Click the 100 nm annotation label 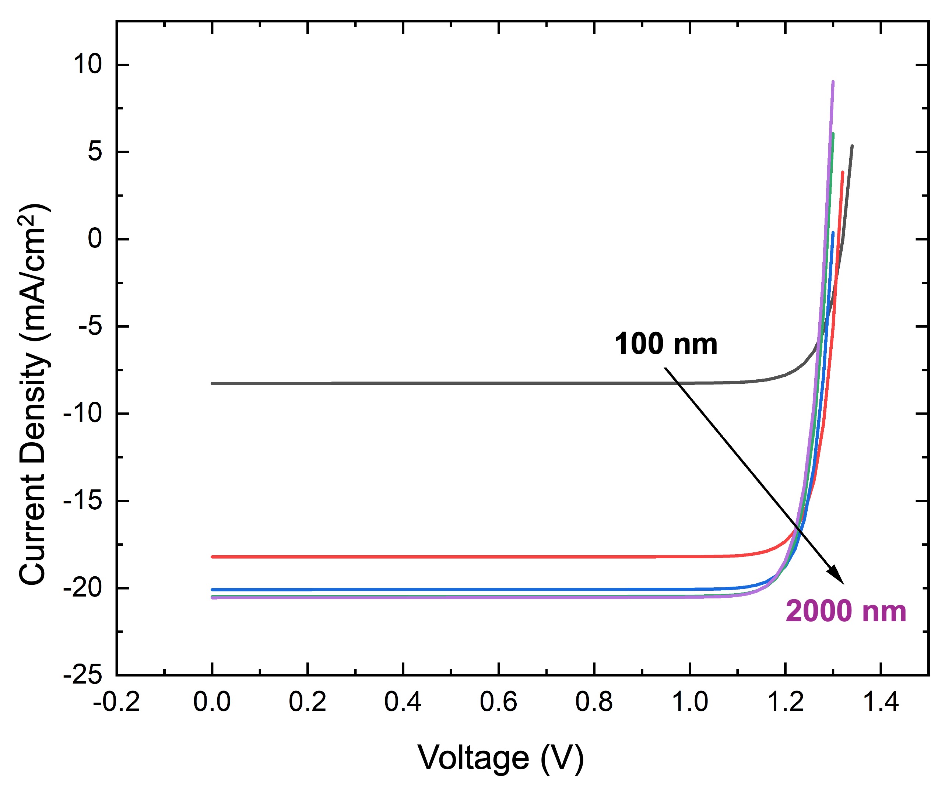pos(665,344)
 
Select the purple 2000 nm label pos(846,612)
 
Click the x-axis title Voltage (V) pos(501,759)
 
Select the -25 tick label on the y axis pos(83,675)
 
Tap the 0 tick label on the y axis pos(96,239)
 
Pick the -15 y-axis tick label pos(83,501)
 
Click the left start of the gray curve pos(212,384)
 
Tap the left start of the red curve pos(212,557)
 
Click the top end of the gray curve pos(852,146)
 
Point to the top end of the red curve pos(842,172)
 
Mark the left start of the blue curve pos(212,590)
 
